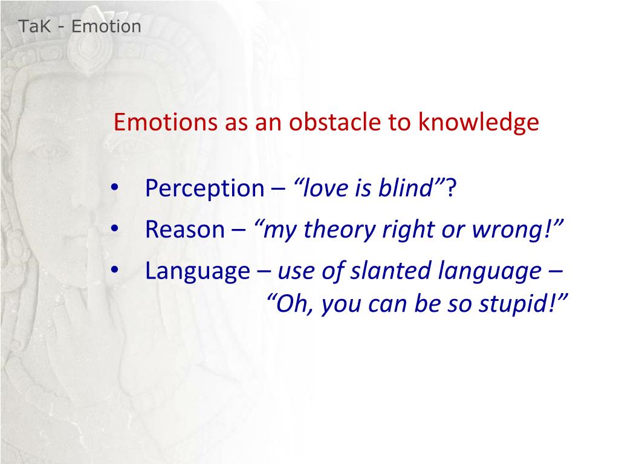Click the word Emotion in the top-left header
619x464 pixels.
point(106,27)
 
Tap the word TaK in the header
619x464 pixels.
point(34,27)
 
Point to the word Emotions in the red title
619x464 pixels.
point(166,121)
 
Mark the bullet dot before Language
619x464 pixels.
point(114,269)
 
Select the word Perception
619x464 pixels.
point(204,188)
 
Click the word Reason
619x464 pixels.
point(185,229)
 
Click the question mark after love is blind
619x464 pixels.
point(451,188)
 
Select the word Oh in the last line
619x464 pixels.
point(294,304)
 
